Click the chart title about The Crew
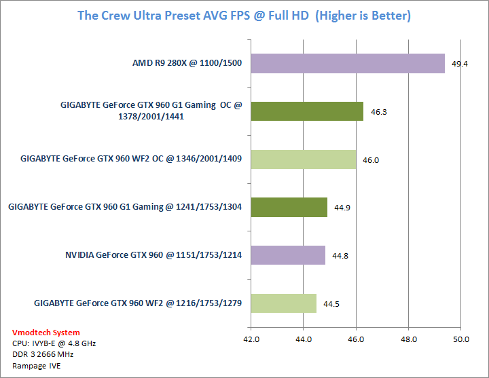coord(244,15)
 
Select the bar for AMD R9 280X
coord(348,63)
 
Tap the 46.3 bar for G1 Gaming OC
coord(307,111)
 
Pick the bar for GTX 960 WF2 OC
coord(304,159)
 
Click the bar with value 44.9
coord(289,207)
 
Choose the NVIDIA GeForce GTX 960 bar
coord(288,255)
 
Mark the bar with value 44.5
coord(284,303)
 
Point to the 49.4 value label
coord(460,64)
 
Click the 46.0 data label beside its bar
coord(370,159)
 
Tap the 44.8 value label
coord(340,256)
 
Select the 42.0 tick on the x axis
coord(251,339)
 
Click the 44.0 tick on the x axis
coord(304,339)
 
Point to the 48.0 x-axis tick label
coord(408,339)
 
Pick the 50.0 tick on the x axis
coord(460,339)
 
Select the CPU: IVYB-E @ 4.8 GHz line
coord(54,343)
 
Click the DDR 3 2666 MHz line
coord(43,354)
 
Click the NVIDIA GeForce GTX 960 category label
coord(154,256)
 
